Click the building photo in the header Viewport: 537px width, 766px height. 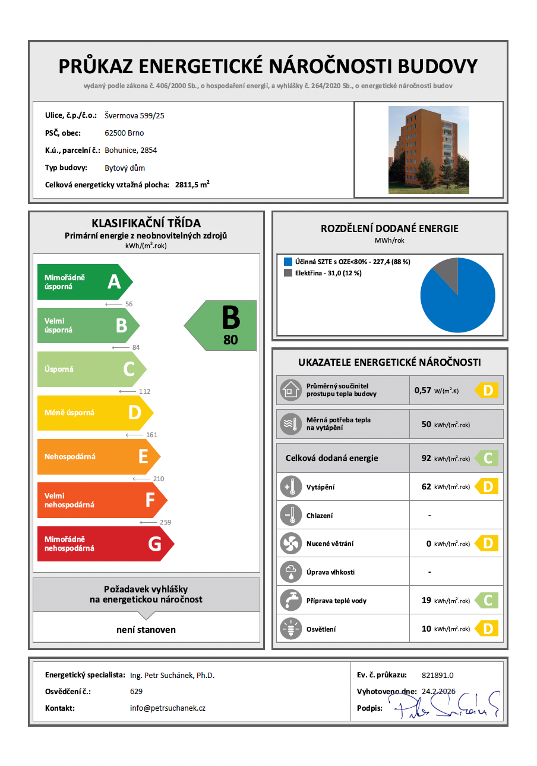tap(428, 149)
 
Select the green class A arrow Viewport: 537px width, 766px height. tap(83, 282)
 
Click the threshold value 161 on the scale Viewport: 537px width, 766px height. tap(151, 435)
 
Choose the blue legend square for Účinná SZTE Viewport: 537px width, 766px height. tap(288, 262)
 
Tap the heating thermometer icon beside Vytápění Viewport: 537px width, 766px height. tap(290, 486)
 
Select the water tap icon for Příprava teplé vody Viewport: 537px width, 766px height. tap(290, 601)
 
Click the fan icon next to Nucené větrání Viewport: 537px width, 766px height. tap(290, 544)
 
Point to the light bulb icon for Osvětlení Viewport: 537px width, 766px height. tap(290, 629)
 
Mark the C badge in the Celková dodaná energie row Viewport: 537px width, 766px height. tap(488, 459)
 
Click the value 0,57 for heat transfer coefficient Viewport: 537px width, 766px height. tap(422, 391)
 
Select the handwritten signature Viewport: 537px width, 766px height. tap(443, 706)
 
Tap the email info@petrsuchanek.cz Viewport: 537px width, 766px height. tap(168, 708)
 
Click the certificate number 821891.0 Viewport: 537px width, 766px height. tap(437, 675)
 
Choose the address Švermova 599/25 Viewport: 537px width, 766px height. tap(134, 115)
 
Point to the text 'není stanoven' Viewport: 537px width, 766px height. tap(146, 629)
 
